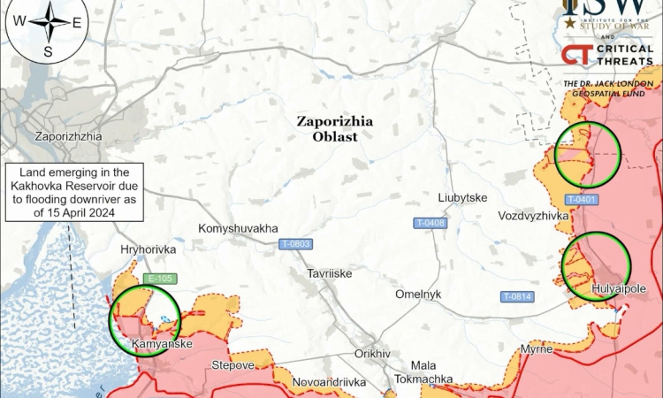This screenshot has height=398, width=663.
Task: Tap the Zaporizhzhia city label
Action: pyautogui.click(x=68, y=137)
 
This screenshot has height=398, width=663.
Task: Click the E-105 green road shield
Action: pyautogui.click(x=159, y=279)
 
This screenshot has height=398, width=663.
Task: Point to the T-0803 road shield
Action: pyautogui.click(x=295, y=244)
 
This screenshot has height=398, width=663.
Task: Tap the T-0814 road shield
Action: pyautogui.click(x=516, y=296)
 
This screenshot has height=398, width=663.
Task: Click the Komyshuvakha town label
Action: pyautogui.click(x=238, y=227)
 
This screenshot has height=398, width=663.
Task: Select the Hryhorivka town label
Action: pyautogui.click(x=149, y=250)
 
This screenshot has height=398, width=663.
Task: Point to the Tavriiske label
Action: pyautogui.click(x=330, y=273)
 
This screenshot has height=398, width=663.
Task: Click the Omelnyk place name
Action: pyautogui.click(x=418, y=295)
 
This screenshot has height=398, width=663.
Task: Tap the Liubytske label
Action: pyautogui.click(x=462, y=197)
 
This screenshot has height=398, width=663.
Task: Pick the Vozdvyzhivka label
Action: pyautogui.click(x=533, y=216)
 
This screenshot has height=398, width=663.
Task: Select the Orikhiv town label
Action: pyautogui.click(x=372, y=353)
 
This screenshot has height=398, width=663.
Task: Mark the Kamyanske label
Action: pyautogui.click(x=162, y=343)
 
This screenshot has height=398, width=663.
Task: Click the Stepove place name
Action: pyautogui.click(x=232, y=364)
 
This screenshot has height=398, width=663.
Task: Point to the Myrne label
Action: pyautogui.click(x=537, y=348)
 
